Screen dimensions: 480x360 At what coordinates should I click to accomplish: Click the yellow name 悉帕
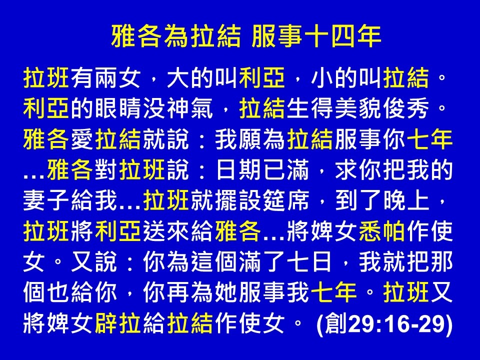(x=382, y=231)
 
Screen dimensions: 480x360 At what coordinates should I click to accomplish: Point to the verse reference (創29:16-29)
(x=384, y=323)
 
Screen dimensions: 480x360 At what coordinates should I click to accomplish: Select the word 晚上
(x=406, y=200)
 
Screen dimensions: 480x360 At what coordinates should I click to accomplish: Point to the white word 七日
(x=310, y=261)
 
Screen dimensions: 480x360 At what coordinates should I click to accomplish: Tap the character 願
(x=250, y=139)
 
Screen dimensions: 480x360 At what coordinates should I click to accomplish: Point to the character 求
(x=346, y=170)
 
